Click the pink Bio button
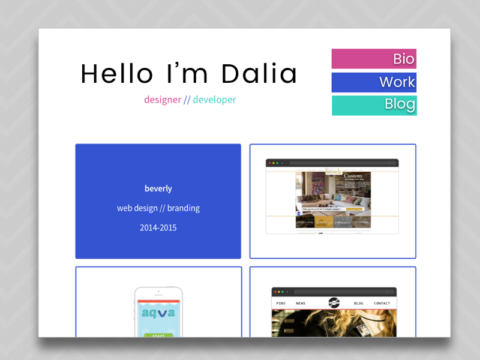pyautogui.click(x=374, y=59)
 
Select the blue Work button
pyautogui.click(x=374, y=82)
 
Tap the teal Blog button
pyautogui.click(x=374, y=105)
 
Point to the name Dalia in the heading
pyautogui.click(x=259, y=74)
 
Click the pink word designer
pyautogui.click(x=162, y=100)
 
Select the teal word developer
pyautogui.click(x=214, y=100)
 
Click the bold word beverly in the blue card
pyautogui.click(x=158, y=188)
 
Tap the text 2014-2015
pyautogui.click(x=158, y=228)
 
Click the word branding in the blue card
pyautogui.click(x=184, y=208)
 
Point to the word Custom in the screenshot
pyautogui.click(x=353, y=176)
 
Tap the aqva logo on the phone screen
pyautogui.click(x=158, y=313)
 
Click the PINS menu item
pyautogui.click(x=281, y=304)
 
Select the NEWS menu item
pyautogui.click(x=301, y=304)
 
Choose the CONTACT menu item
pyautogui.click(x=382, y=304)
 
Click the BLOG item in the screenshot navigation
pyautogui.click(x=359, y=304)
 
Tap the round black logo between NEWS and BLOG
pyautogui.click(x=334, y=303)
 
